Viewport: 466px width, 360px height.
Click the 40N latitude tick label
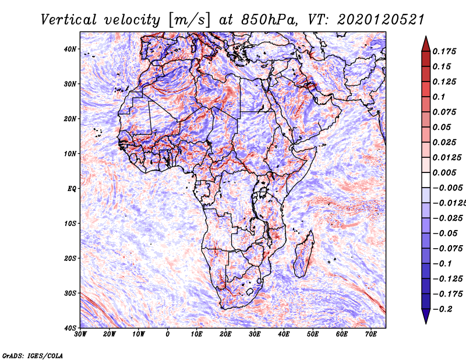coord(70,49)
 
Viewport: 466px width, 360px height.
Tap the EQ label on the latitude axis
coord(72,189)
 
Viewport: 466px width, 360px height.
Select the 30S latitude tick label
coord(70,294)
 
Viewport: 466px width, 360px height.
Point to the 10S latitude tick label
coord(70,224)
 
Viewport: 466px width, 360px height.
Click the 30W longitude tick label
coord(80,334)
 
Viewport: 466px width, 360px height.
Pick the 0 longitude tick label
coord(168,334)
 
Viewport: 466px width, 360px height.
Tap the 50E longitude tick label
coord(313,334)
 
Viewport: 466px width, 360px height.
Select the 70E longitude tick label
coord(370,334)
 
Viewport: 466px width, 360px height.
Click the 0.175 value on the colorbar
coord(444,51)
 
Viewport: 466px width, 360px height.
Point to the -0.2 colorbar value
coord(442,309)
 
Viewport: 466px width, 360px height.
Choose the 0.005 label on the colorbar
coord(444,172)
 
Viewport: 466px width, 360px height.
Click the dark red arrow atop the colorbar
coord(426,45)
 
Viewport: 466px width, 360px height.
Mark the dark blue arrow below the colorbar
coord(426,316)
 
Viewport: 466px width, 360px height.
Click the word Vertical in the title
coord(69,20)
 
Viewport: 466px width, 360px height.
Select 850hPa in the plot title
coord(270,20)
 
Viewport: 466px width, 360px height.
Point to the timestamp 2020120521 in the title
coord(381,20)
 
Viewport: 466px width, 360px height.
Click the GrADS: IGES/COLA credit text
coord(33,356)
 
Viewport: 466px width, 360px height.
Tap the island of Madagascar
coord(304,255)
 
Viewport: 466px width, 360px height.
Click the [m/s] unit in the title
coord(189,20)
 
